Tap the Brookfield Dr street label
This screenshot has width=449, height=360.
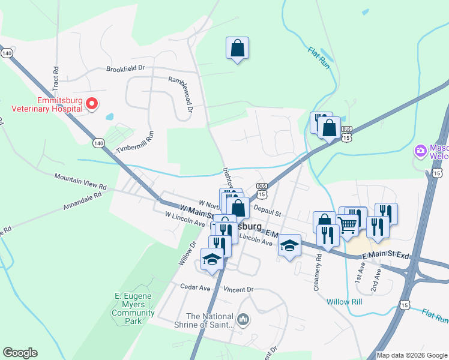click(126, 68)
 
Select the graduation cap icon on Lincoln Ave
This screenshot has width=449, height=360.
click(289, 245)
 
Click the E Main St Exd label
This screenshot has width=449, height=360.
click(385, 256)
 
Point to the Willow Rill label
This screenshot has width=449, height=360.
click(345, 302)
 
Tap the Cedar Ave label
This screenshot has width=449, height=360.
click(196, 287)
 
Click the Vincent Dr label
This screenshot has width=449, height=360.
click(238, 289)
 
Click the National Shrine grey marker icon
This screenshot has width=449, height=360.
click(243, 317)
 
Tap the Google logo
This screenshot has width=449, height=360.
click(20, 353)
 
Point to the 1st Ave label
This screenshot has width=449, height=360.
click(360, 275)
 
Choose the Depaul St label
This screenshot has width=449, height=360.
click(267, 212)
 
